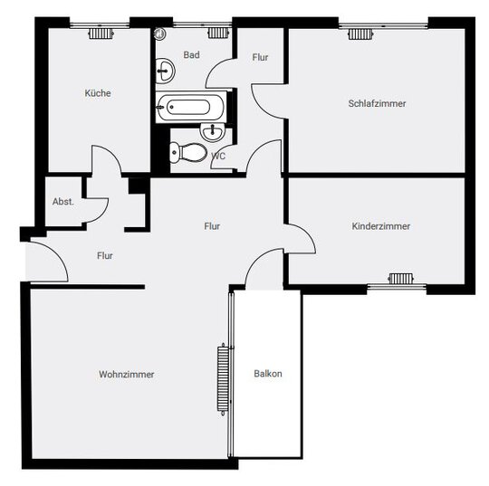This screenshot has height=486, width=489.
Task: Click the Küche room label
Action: pos(98,93)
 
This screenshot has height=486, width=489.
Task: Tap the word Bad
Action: pos(191,55)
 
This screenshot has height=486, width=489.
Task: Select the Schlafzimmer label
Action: pos(377,103)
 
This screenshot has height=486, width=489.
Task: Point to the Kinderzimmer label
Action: pos(380,226)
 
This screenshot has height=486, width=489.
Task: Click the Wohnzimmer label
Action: pos(126,374)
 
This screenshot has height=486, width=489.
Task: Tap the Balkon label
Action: pos(268,374)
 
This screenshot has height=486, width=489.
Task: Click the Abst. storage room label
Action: pos(63,202)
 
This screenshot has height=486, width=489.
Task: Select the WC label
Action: pos(218,156)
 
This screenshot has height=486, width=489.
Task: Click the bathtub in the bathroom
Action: pos(190,107)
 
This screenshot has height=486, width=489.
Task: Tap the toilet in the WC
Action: pos(188,152)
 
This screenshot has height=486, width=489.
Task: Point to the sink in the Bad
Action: pos(165,71)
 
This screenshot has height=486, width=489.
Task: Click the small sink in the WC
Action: pos(213,131)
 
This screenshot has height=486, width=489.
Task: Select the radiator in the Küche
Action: pos(101,33)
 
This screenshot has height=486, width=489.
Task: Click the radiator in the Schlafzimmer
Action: pos(360,33)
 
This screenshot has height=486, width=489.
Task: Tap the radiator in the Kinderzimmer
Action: pos(401,279)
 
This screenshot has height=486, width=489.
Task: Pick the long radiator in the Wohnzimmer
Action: pos(223,379)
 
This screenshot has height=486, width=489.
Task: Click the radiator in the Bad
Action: pos(218,33)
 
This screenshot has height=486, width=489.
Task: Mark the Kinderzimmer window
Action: pos(397,286)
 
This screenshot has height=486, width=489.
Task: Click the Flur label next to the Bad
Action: pos(260,57)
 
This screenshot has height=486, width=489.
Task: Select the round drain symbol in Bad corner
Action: pos(159,33)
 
